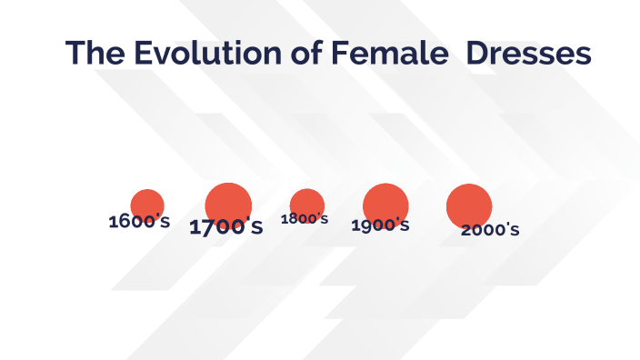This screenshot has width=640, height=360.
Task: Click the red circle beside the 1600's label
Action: point(147,204)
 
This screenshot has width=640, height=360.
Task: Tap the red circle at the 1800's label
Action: point(307,202)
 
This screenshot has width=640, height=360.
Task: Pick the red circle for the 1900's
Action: point(386,204)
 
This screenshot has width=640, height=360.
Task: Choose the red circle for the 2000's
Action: point(469,205)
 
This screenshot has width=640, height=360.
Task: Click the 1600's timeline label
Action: point(139,221)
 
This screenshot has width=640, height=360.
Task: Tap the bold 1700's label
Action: point(226,227)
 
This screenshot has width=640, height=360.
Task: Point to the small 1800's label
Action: point(305,218)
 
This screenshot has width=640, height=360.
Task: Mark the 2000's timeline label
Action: point(490,229)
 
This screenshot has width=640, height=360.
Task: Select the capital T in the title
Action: point(76,53)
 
